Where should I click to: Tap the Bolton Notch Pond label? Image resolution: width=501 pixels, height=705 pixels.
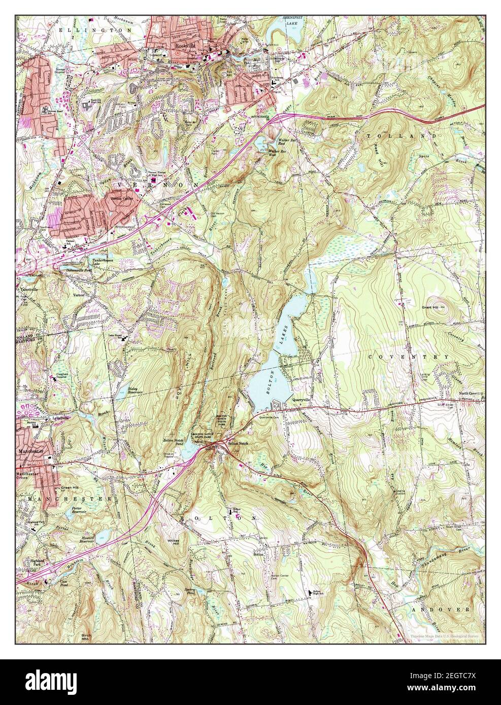(x=175, y=442)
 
